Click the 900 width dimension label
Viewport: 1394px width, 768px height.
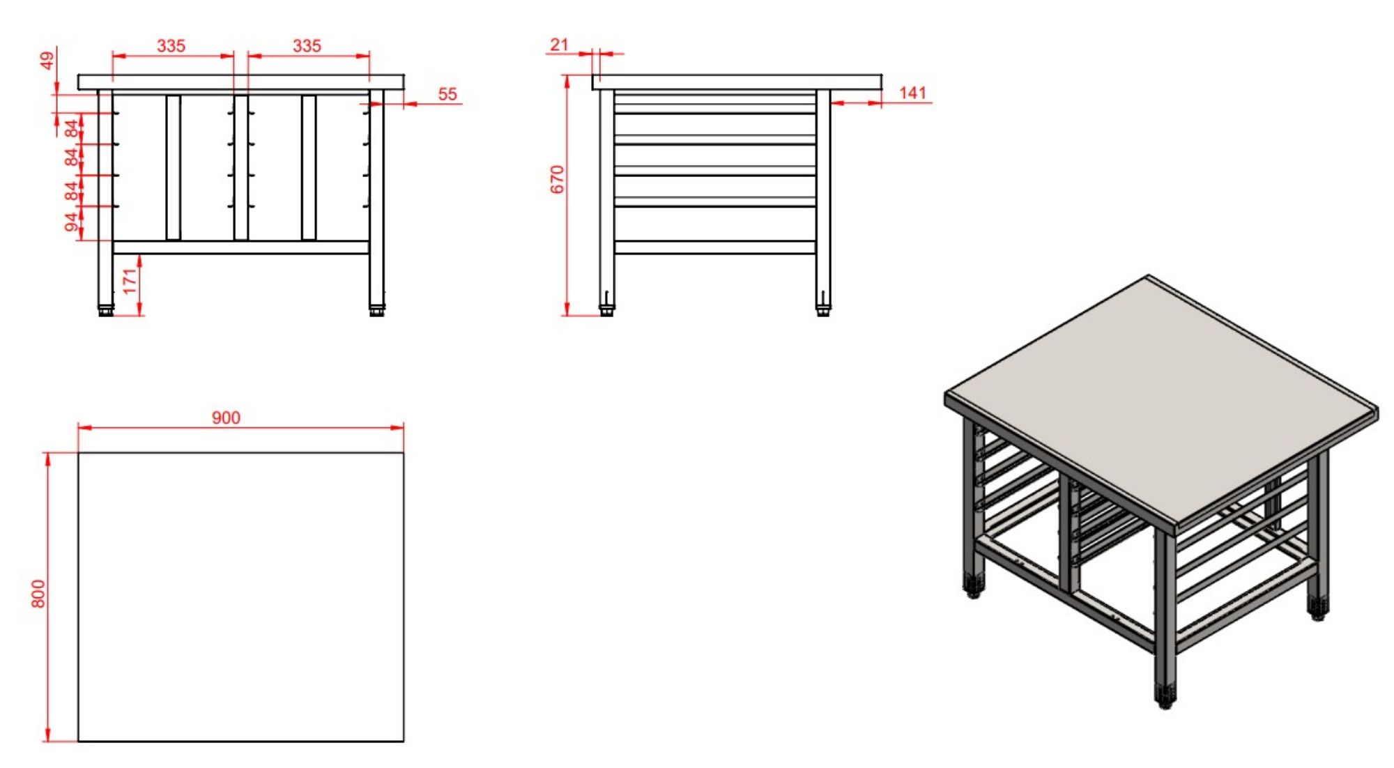click(226, 417)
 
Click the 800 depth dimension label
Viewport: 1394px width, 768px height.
click(38, 594)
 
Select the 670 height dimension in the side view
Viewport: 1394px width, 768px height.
click(557, 180)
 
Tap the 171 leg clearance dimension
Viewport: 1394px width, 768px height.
click(130, 282)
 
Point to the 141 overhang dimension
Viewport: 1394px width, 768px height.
click(912, 93)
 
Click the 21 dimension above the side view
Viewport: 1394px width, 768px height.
click(559, 45)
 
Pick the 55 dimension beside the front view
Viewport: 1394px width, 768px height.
click(447, 94)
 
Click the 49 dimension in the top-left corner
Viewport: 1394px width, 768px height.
click(47, 61)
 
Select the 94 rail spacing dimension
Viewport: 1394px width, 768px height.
click(71, 222)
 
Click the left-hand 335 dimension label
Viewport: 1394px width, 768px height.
click(171, 46)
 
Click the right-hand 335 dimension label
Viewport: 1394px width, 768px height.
click(307, 46)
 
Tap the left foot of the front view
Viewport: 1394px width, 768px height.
click(106, 310)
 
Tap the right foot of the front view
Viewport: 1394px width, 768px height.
click(376, 310)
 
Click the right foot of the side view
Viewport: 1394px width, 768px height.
click(823, 310)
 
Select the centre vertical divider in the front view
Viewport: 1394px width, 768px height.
click(240, 167)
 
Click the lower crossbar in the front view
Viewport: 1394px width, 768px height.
click(240, 247)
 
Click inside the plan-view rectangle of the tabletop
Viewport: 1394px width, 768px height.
click(240, 596)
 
